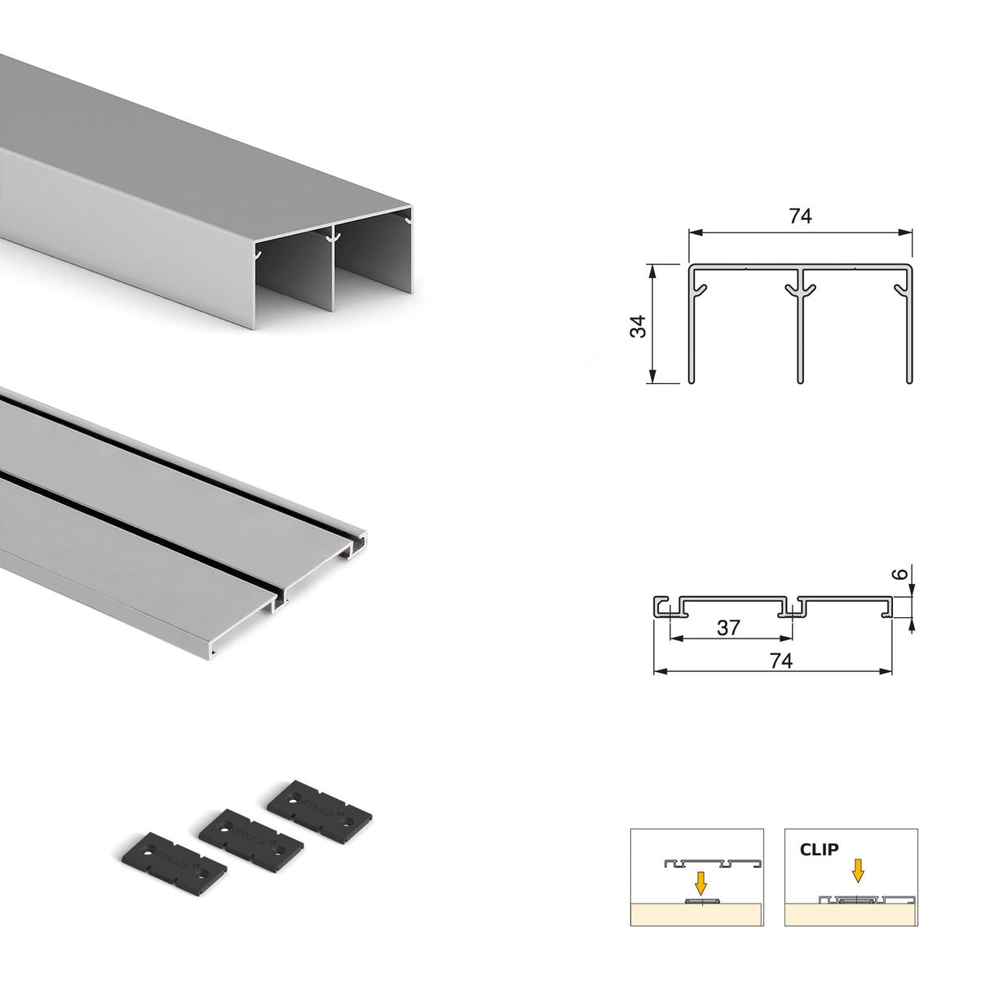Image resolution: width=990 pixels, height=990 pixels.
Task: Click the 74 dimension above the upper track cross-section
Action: pyautogui.click(x=800, y=216)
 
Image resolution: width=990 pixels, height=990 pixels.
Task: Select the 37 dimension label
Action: pyautogui.click(x=727, y=627)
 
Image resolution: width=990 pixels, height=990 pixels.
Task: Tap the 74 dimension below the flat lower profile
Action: pyautogui.click(x=780, y=661)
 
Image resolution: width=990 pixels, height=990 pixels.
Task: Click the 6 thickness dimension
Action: pyautogui.click(x=899, y=574)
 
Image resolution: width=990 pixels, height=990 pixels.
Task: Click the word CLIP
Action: pyautogui.click(x=819, y=850)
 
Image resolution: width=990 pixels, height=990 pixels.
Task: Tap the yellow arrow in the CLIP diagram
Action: pyautogui.click(x=857, y=872)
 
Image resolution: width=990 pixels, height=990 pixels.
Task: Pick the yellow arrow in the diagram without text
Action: pyautogui.click(x=699, y=882)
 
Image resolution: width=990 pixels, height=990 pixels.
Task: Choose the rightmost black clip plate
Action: pyautogui.click(x=320, y=807)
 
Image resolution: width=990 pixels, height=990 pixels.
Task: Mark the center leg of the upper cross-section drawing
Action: pyautogui.click(x=800, y=334)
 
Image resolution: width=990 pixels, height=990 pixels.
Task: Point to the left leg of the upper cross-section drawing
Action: pyautogui.click(x=692, y=334)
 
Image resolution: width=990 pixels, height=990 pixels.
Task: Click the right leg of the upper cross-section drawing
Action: pyautogui.click(x=908, y=334)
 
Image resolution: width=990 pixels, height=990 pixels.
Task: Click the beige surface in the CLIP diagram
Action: pyautogui.click(x=851, y=915)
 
